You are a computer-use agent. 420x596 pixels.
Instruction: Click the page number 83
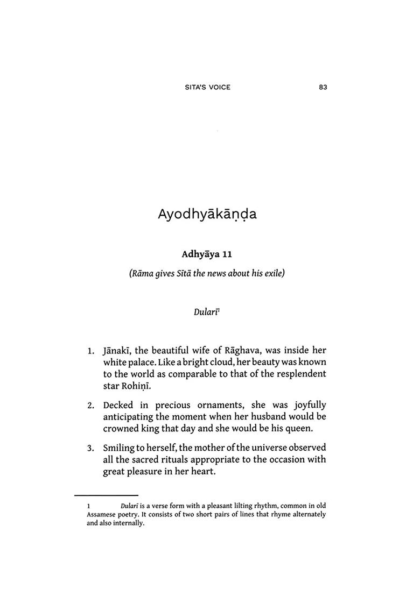[x=323, y=87]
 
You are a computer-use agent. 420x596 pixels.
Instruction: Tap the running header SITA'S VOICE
[x=207, y=87]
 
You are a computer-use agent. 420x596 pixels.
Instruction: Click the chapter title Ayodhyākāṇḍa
[x=207, y=214]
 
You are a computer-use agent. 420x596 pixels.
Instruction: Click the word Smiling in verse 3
[x=121, y=448]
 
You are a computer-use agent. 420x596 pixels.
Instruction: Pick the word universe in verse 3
[x=268, y=448]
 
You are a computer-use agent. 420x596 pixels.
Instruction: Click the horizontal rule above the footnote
[x=106, y=495]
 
